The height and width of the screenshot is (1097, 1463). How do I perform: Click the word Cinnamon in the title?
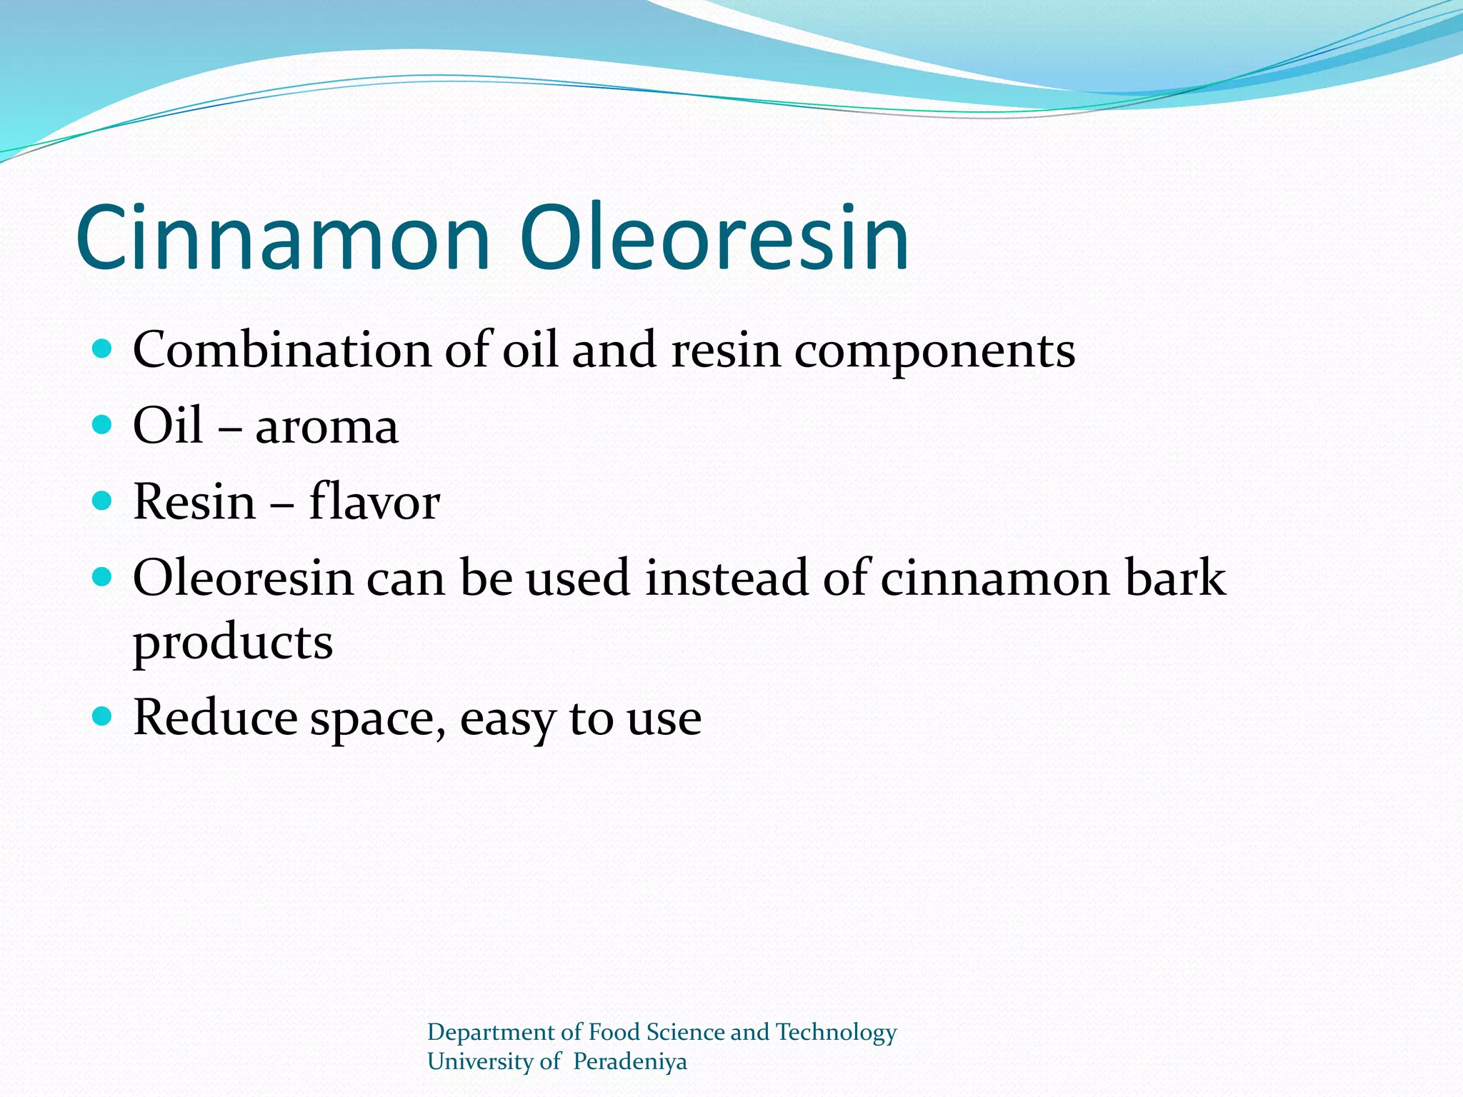pos(283,237)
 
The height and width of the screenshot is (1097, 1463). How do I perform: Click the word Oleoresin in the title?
pos(714,237)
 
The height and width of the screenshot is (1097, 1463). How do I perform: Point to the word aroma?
pos(326,427)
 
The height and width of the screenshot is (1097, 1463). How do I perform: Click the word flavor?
pos(374,501)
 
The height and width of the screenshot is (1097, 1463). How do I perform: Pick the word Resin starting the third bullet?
pos(194,501)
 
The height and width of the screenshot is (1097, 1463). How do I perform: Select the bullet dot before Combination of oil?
pos(103,349)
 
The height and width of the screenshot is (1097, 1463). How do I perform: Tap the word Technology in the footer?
pos(836,1033)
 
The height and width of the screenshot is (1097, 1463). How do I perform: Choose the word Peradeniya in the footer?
pos(630,1062)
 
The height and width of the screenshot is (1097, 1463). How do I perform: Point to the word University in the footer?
pos(481,1062)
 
